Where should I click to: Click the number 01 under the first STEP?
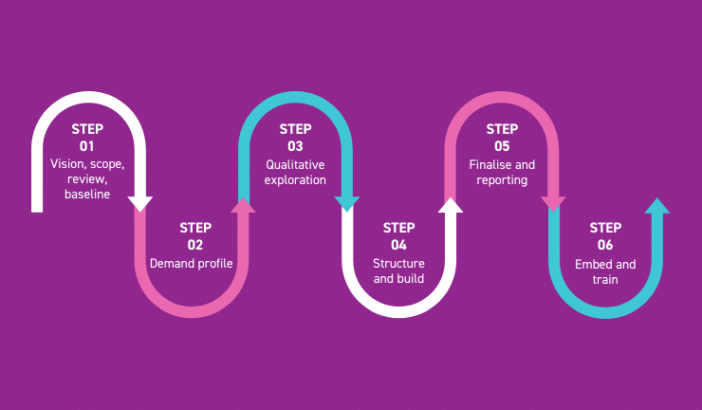tap(87, 147)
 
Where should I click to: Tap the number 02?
tap(194, 245)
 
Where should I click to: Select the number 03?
tap(295, 147)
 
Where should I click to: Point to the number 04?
tap(398, 245)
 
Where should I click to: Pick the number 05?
tap(502, 147)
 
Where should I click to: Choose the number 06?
tap(605, 245)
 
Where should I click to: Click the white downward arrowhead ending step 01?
tap(140, 203)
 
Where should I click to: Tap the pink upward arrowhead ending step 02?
tap(244, 205)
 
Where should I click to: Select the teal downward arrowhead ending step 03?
tap(347, 203)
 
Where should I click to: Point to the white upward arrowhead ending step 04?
tap(451, 205)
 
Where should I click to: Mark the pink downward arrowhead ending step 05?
tap(554, 203)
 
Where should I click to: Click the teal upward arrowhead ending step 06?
tap(657, 205)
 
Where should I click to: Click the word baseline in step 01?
tap(87, 195)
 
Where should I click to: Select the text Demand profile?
tap(192, 263)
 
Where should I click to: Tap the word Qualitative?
tap(295, 164)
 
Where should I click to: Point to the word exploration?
tap(295, 179)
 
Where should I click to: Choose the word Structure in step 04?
tap(398, 263)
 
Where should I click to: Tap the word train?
tap(605, 280)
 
